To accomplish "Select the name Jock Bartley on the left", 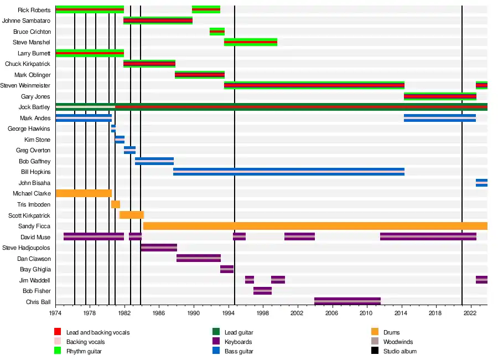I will pyautogui.click(x=34, y=107).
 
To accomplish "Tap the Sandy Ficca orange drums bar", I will pyautogui.click(x=315, y=226).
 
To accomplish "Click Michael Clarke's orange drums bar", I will pyautogui.click(x=84, y=193).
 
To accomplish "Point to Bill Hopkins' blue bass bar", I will pyautogui.click(x=288, y=172).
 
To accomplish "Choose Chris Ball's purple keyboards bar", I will pyautogui.click(x=347, y=301).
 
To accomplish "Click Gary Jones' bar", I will pyautogui.click(x=440, y=96).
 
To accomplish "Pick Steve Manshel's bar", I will pyautogui.click(x=251, y=42).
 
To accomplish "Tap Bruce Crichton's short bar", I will pyautogui.click(x=217, y=32).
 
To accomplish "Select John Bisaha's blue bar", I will pyautogui.click(x=481, y=183).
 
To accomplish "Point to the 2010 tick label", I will pyautogui.click(x=366, y=313).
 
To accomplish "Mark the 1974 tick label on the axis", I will pyautogui.click(x=55, y=313).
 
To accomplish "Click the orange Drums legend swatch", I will pyautogui.click(x=375, y=332).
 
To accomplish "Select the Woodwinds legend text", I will pyautogui.click(x=398, y=342).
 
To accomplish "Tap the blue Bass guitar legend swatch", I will pyautogui.click(x=216, y=351).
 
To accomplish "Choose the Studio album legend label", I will pyautogui.click(x=400, y=351).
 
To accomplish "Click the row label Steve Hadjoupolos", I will pyautogui.click(x=27, y=248).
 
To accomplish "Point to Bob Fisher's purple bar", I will pyautogui.click(x=262, y=291).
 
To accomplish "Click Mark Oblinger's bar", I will pyautogui.click(x=200, y=75).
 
